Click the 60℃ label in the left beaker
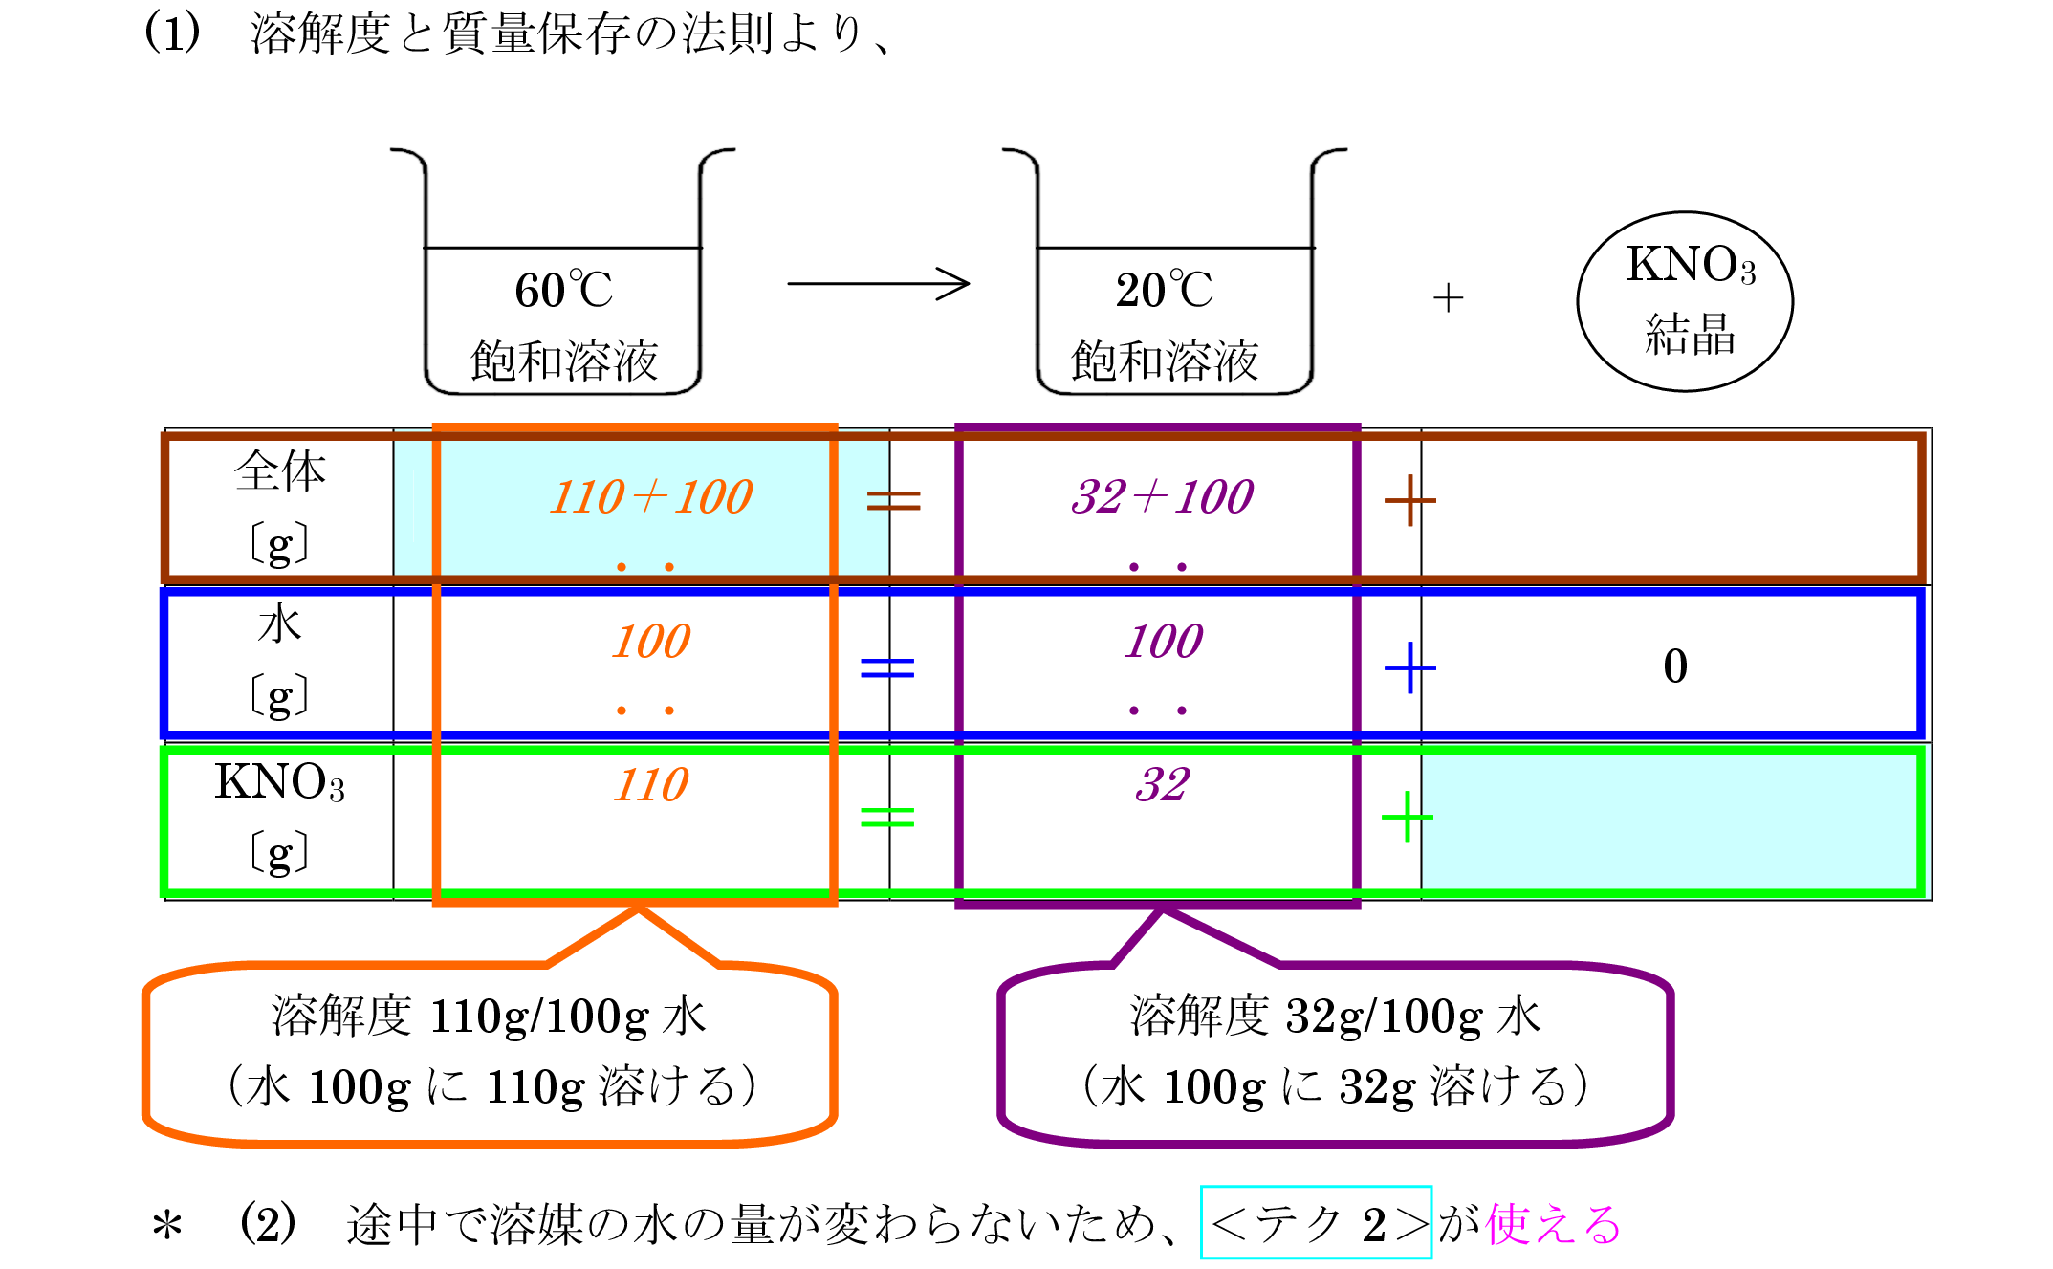point(563,290)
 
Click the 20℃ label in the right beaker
point(1164,290)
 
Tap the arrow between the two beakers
point(878,283)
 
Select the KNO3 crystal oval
point(1685,301)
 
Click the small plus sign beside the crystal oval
point(1448,297)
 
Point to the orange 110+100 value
point(651,497)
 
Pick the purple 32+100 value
point(1162,497)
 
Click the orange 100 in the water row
point(651,642)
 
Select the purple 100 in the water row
point(1163,642)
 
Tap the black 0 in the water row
point(1675,667)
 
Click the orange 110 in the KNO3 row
point(651,786)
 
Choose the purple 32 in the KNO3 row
point(1162,786)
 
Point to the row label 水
point(279,625)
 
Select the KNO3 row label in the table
point(279,782)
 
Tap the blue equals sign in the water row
point(887,667)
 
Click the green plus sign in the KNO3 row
point(1407,817)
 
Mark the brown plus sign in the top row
point(1409,500)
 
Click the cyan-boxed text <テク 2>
point(1316,1223)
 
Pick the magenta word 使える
point(1553,1224)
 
